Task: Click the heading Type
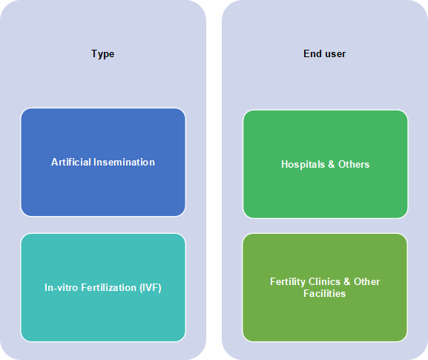(x=103, y=54)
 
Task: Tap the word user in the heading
(x=335, y=53)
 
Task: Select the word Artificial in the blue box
(x=71, y=162)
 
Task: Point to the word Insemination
(x=124, y=162)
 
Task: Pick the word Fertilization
(x=109, y=287)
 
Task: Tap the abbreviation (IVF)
(x=151, y=287)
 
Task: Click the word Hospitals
(x=303, y=164)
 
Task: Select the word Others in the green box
(x=354, y=164)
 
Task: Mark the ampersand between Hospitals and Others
(x=332, y=164)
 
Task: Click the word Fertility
(x=288, y=281)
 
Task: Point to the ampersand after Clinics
(x=347, y=281)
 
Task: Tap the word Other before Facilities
(x=367, y=281)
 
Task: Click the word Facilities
(x=325, y=293)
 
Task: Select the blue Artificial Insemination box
(x=103, y=163)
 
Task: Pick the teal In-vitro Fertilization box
(x=103, y=287)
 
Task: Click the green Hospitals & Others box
(x=326, y=164)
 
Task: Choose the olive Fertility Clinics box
(x=325, y=287)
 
